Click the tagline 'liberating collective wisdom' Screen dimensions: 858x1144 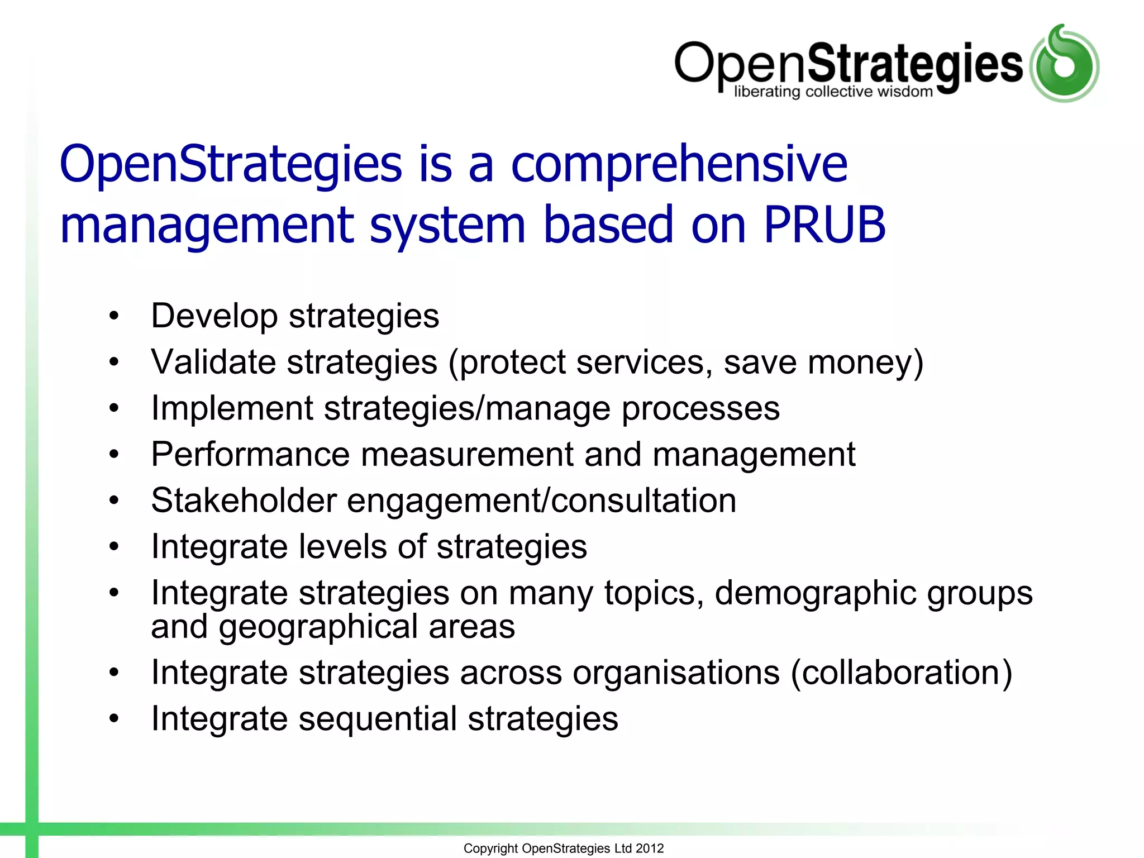point(833,92)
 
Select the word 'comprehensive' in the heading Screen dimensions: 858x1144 point(679,165)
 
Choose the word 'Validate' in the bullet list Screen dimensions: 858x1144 point(213,362)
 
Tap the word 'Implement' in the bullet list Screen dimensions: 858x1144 point(232,408)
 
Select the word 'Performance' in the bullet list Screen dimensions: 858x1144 point(250,454)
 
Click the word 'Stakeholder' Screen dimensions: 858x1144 point(244,500)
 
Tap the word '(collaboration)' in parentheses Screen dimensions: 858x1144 point(901,673)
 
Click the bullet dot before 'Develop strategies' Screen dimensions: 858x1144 point(115,317)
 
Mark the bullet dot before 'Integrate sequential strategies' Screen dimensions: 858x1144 point(115,719)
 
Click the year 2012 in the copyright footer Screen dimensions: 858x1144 point(650,849)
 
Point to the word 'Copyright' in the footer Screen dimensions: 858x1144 point(490,849)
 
